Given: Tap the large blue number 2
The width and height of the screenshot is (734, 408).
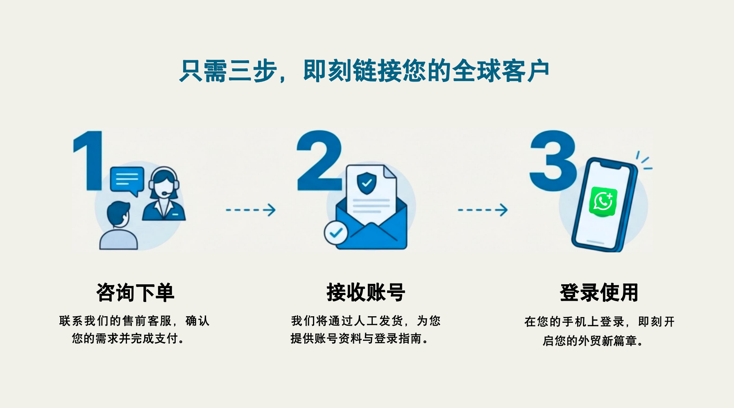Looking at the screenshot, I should (319, 161).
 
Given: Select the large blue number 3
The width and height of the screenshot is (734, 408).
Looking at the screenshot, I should (553, 161).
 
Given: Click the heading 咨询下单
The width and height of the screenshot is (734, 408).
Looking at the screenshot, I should (135, 292).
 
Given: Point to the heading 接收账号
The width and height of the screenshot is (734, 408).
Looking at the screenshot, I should (366, 292).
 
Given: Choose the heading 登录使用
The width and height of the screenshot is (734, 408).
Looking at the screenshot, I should (599, 292).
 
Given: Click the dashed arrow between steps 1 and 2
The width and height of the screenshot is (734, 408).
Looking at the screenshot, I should (251, 210).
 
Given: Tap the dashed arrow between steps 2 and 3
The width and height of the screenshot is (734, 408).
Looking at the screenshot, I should (483, 210).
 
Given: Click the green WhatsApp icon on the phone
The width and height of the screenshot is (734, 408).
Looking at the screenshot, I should (603, 202).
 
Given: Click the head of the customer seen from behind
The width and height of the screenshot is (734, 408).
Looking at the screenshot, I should (118, 214).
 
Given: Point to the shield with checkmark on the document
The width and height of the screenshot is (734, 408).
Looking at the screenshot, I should (367, 184).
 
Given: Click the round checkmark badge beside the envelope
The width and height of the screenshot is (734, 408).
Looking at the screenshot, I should (336, 233).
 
